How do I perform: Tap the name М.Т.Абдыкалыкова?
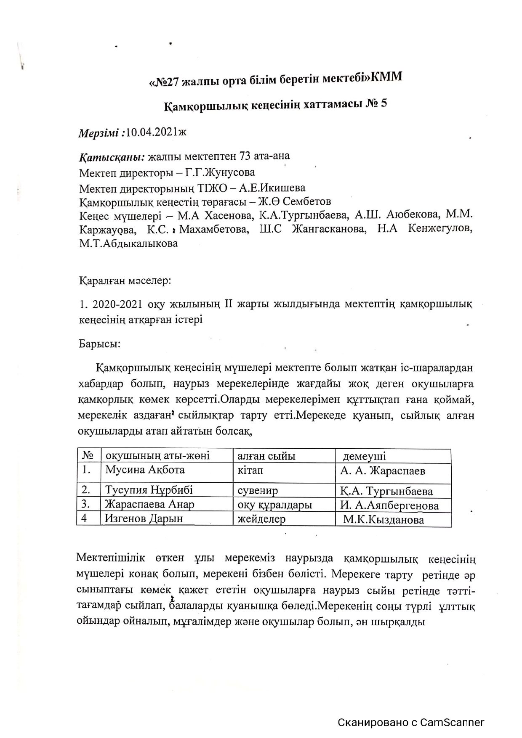[x=128, y=243]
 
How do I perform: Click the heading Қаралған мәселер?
[x=125, y=280]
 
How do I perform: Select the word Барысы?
[x=100, y=344]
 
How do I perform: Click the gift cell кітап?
[x=250, y=470]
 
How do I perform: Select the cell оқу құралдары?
[x=275, y=505]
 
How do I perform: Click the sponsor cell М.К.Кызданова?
[x=384, y=520]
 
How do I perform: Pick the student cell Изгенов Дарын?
[x=144, y=518]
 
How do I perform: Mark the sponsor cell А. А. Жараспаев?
[x=383, y=471]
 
